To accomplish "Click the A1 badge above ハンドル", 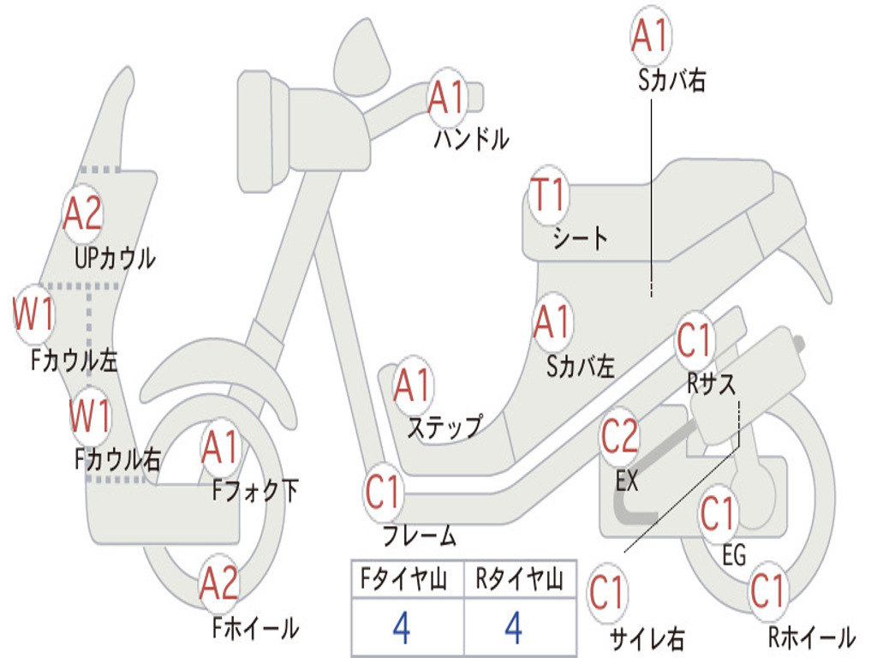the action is [x=446, y=98].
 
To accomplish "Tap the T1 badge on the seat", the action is [x=548, y=196].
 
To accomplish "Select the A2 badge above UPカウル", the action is [x=83, y=214].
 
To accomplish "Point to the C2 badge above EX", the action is [x=619, y=438].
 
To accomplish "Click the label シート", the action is [x=580, y=237].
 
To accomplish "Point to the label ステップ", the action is [x=444, y=427].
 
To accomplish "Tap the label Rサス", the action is [x=711, y=384].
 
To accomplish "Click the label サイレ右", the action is [x=647, y=637].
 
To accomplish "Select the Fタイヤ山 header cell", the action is [x=407, y=580].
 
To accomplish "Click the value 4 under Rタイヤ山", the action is [x=513, y=628].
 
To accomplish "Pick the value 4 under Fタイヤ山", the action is [x=401, y=628].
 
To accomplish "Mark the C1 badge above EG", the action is [x=718, y=515].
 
